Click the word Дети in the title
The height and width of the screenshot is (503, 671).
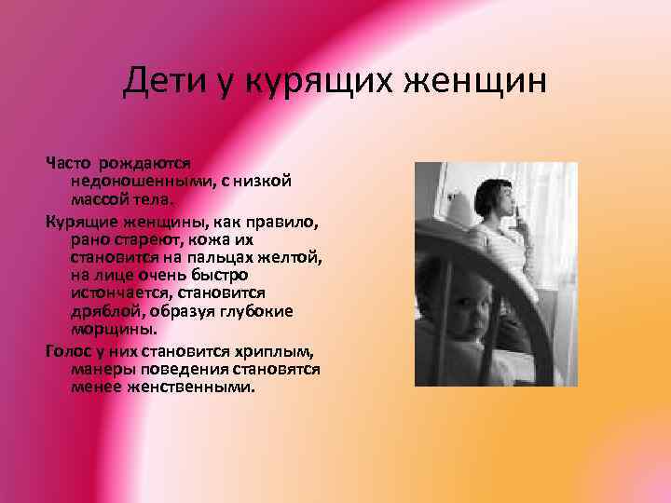pos(162,85)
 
